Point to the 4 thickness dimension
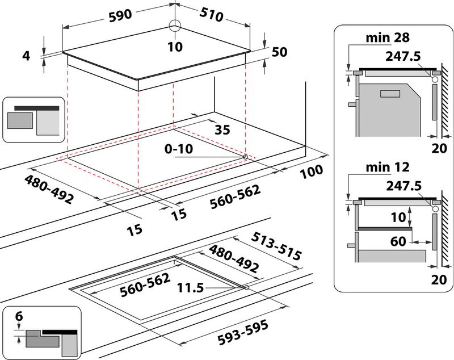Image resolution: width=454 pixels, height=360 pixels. click(26, 56)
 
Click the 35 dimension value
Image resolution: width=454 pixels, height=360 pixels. click(222, 129)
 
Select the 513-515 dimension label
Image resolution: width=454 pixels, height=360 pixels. click(276, 246)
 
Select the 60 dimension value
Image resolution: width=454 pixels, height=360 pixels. click(398, 241)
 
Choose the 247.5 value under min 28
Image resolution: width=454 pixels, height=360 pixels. click(402, 57)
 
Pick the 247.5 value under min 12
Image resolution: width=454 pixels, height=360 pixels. click(402, 186)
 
